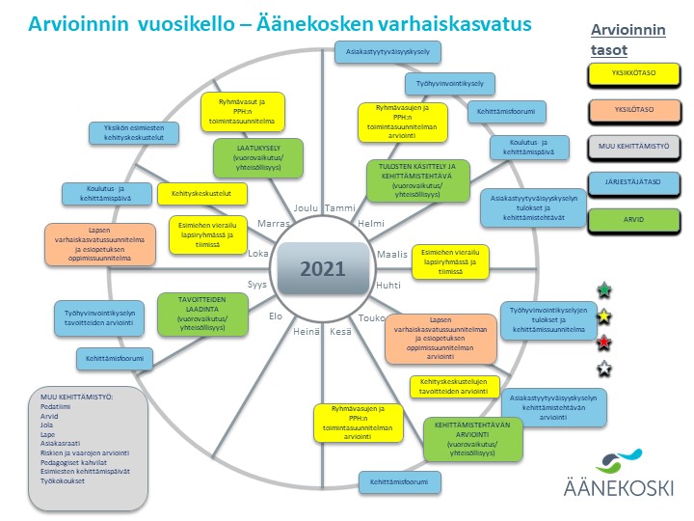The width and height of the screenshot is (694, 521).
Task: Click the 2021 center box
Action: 322,268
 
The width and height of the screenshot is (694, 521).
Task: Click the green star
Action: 604,289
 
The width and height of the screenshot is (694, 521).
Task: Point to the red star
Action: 604,341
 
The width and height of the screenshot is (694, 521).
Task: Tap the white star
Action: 604,367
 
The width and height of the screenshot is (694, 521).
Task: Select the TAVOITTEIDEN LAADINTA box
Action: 200,313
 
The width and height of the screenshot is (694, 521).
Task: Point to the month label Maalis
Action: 390,256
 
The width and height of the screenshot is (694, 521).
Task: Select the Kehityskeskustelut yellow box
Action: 202,194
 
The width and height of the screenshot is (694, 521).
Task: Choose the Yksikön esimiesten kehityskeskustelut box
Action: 140,133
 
